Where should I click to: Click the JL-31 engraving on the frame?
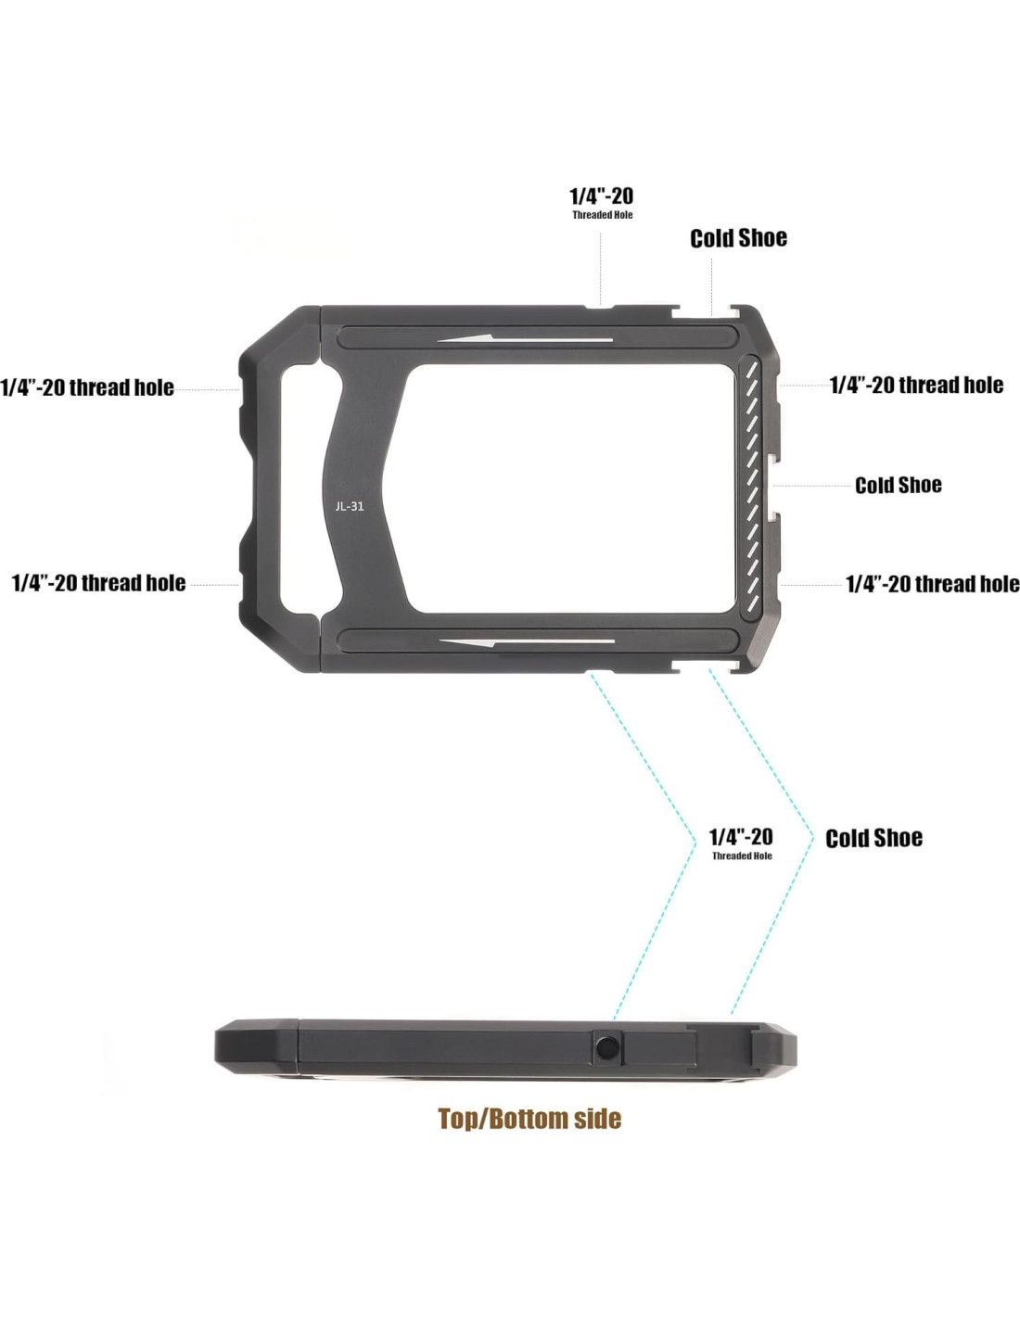[x=350, y=506]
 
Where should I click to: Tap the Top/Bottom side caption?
[x=529, y=1118]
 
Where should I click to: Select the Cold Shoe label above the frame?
[x=738, y=238]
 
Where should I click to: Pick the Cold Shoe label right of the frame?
[x=898, y=486]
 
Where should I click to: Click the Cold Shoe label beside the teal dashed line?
[x=873, y=838]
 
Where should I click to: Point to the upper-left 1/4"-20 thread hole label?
[x=87, y=387]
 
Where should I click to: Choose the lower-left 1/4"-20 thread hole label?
[x=99, y=583]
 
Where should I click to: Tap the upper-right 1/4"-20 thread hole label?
[x=916, y=385]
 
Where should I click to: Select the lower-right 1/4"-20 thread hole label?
[x=933, y=584]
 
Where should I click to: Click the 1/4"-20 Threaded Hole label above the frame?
[x=601, y=203]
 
